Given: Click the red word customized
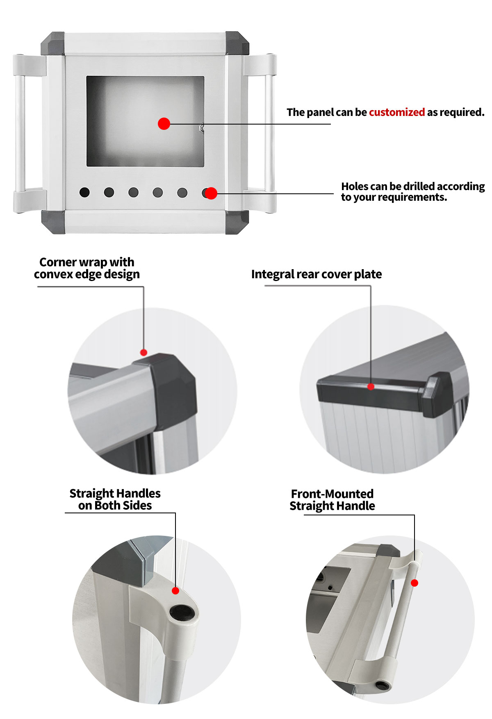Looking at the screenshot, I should tap(396, 112).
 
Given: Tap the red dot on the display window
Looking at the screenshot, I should tap(164, 123).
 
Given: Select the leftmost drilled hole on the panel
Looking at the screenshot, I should tap(84, 192).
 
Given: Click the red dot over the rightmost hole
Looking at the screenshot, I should tap(211, 193).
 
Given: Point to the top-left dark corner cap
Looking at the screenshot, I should tap(53, 43).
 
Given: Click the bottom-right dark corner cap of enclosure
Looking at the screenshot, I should tap(237, 222).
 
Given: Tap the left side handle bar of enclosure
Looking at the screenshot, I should tap(19, 133).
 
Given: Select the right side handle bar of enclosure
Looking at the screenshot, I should tap(269, 133).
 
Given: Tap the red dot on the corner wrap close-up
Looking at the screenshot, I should tap(143, 352).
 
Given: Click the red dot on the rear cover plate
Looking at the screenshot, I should tap(371, 386).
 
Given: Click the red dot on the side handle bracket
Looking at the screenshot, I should tap(175, 590).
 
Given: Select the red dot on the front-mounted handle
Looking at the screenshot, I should tap(415, 583).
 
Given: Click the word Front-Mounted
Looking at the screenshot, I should tap(332, 494).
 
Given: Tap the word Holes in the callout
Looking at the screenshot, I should tap(354, 186).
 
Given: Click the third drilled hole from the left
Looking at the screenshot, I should tap(133, 192).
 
